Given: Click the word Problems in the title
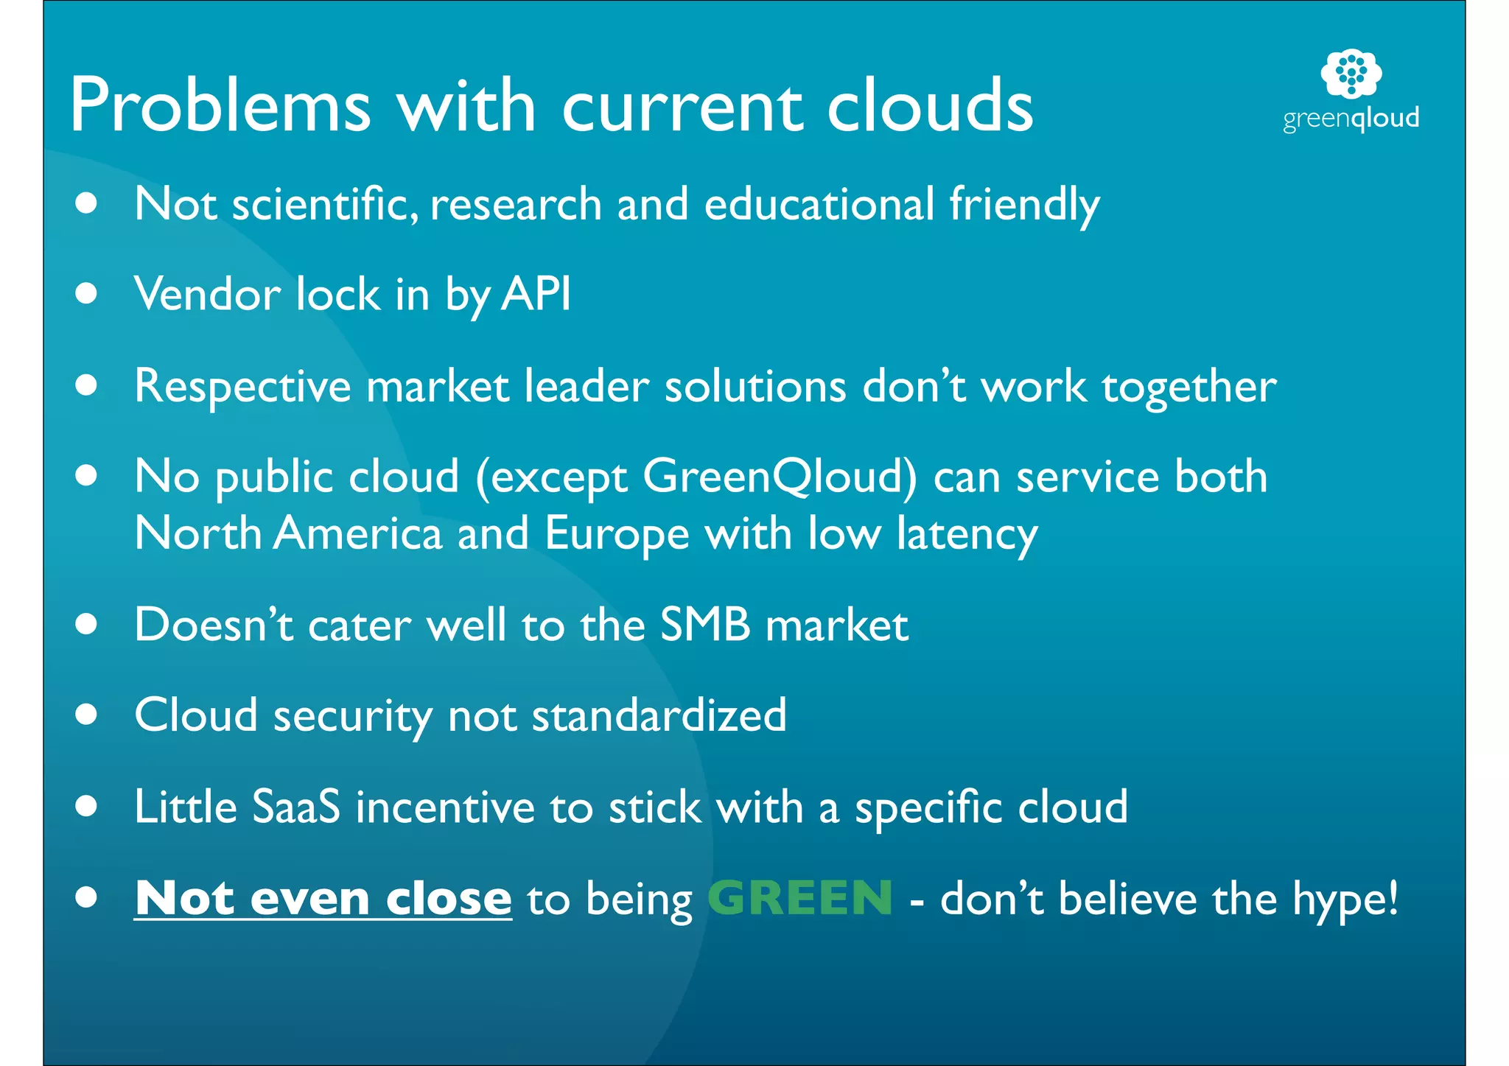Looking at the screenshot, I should tap(220, 107).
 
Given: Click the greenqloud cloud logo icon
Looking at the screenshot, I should tap(1351, 73).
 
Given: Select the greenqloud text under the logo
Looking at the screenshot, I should tap(1351, 119).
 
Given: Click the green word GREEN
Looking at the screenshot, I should tap(800, 898).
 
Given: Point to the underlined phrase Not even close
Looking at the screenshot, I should tap(323, 899).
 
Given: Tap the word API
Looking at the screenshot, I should tap(536, 294).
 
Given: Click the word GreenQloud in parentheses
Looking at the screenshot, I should tap(780, 477).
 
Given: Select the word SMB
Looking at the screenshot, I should tap(704, 625).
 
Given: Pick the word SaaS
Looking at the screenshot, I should tap(296, 807).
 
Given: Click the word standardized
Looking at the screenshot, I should tap(659, 715).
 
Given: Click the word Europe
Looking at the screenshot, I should tap(617, 533).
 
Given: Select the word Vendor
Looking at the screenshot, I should tap(207, 294).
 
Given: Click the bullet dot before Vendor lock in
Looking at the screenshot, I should tap(86, 294).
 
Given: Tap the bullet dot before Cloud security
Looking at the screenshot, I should tap(86, 715).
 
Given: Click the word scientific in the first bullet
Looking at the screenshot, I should tap(325, 204).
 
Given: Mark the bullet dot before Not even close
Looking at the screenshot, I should tap(86, 897).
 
